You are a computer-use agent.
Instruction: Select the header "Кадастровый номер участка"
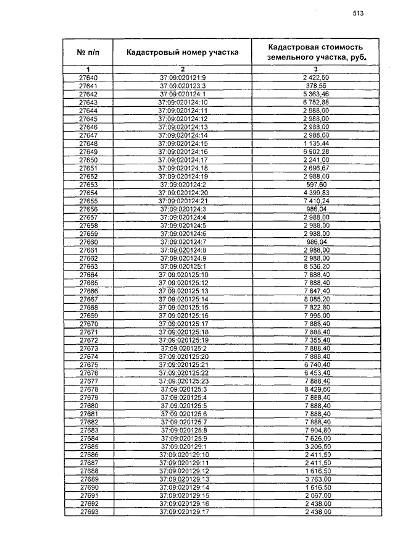tap(182, 53)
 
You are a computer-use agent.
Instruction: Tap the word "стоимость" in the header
tap(338, 47)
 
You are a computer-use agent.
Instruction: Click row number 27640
tap(88, 77)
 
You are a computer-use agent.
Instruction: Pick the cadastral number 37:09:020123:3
tap(182, 85)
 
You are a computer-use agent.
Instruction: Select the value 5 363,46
tap(315, 94)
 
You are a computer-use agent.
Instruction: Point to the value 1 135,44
tap(315, 143)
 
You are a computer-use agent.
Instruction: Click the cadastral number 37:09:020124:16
tap(183, 151)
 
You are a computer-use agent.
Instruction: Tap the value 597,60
tap(315, 184)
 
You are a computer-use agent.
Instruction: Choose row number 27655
tap(88, 201)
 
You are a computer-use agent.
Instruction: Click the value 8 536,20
tap(315, 266)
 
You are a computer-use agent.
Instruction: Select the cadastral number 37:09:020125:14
tap(183, 299)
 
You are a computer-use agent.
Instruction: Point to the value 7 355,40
tap(315, 340)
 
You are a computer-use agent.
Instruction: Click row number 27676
tap(88, 373)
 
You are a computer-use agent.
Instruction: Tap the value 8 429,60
tap(315, 390)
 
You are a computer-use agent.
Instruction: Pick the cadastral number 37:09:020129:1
tap(182, 447)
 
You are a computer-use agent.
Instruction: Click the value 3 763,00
tap(315, 479)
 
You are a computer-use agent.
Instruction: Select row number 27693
tap(88, 512)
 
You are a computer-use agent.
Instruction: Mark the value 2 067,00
tap(315, 496)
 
